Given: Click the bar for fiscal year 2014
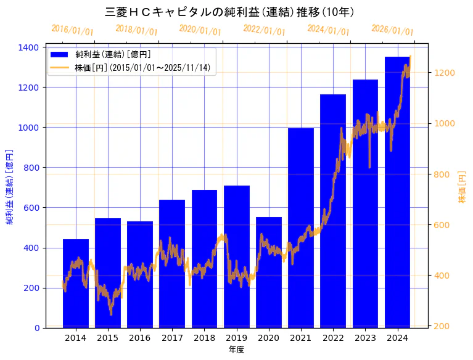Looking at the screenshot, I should tap(76, 284).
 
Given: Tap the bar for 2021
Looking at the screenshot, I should tap(301, 228).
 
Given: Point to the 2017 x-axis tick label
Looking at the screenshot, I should tap(172, 338).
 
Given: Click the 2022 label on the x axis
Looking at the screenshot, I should tap(333, 338).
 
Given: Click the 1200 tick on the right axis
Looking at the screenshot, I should tap(445, 73).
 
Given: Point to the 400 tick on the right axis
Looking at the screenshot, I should tap(442, 276).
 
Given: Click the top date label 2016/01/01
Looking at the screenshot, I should tap(72, 30).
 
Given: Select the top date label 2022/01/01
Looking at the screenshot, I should tap(264, 30).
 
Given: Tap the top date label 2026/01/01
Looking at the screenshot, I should tap(392, 30).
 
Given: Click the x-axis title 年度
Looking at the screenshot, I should tap(236, 350).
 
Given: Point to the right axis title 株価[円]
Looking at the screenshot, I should tap(462, 187).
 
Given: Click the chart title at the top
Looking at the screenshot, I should tap(229, 12).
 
